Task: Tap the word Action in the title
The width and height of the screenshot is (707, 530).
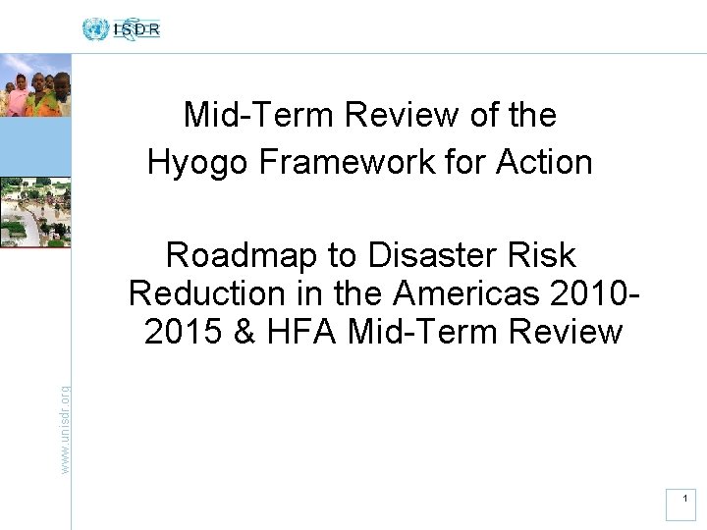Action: tap(545, 162)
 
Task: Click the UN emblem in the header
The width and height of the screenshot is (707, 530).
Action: tap(95, 28)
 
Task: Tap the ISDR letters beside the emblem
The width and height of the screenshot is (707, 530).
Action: tap(136, 29)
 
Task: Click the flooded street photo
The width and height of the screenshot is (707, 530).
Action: tap(35, 211)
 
